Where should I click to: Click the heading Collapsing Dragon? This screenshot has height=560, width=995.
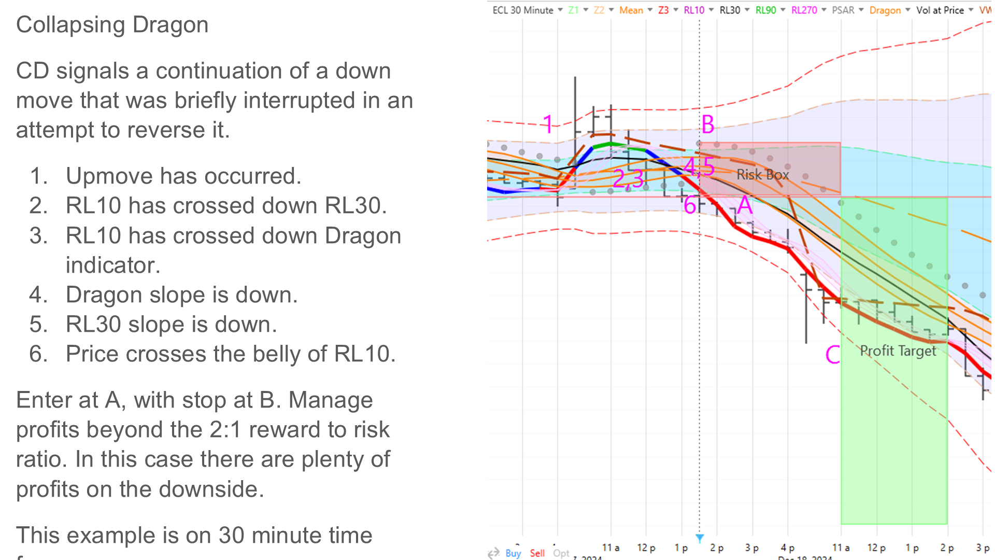click(x=112, y=24)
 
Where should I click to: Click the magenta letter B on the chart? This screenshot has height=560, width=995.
click(x=708, y=125)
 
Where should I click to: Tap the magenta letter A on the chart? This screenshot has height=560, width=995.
click(x=745, y=205)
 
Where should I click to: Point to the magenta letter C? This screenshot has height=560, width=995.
click(x=832, y=355)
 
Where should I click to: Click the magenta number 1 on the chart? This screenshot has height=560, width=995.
click(x=548, y=124)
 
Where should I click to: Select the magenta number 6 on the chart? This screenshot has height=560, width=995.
click(x=690, y=205)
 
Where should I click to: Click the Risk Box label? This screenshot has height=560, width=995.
click(x=762, y=175)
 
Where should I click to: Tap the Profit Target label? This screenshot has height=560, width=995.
click(x=898, y=351)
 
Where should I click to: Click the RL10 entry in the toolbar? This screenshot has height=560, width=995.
click(x=694, y=10)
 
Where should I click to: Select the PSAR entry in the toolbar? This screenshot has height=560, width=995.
click(x=843, y=10)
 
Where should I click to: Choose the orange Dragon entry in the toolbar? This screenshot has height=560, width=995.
click(x=885, y=10)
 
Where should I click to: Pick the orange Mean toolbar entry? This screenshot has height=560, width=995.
click(x=631, y=10)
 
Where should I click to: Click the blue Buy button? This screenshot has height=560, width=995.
click(x=513, y=553)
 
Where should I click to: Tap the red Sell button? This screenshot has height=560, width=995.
click(x=537, y=553)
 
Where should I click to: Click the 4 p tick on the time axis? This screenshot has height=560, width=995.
click(x=787, y=548)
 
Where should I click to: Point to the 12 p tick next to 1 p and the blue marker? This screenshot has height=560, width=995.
click(x=646, y=548)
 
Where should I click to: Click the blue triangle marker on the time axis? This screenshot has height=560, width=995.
click(x=700, y=538)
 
